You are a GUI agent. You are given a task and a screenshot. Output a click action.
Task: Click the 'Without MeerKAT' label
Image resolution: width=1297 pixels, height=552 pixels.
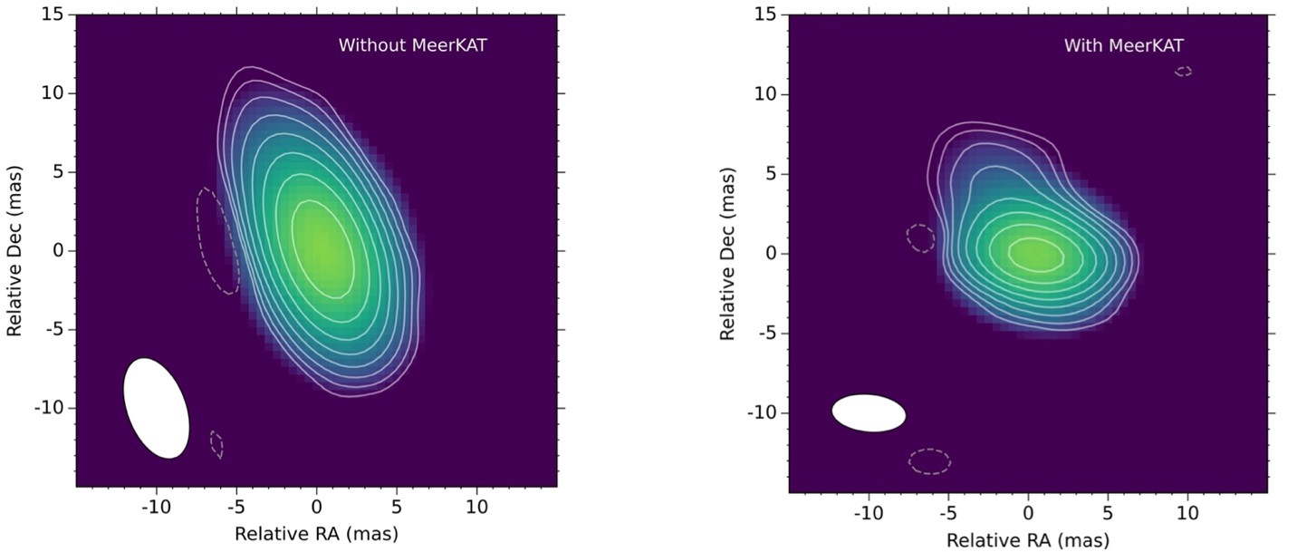click(412, 44)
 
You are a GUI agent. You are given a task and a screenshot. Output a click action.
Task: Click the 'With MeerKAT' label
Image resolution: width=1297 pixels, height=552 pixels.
click(1123, 45)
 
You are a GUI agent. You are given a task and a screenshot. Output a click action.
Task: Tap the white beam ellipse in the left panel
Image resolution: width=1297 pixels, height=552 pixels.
click(156, 408)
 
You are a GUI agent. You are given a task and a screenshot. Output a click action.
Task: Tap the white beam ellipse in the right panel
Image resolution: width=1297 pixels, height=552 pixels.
click(869, 412)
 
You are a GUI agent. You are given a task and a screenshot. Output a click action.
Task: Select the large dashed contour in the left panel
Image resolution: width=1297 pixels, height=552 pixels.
click(217, 240)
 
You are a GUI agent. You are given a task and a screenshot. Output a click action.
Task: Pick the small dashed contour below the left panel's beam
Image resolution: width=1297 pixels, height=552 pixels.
click(216, 444)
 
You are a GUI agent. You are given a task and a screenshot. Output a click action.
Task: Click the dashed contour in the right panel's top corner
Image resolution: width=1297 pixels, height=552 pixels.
click(1183, 71)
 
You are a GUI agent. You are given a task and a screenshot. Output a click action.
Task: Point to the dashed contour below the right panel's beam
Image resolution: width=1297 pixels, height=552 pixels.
click(930, 460)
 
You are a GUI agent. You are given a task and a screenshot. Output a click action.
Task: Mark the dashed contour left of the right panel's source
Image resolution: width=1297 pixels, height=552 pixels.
click(920, 237)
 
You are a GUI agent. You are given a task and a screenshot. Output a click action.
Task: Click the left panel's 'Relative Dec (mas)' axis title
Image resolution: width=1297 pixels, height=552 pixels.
click(14, 251)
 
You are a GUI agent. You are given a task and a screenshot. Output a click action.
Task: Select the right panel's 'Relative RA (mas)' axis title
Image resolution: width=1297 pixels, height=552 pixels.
click(1027, 541)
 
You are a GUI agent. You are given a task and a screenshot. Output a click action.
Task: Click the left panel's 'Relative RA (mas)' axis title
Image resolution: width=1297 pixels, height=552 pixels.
click(316, 533)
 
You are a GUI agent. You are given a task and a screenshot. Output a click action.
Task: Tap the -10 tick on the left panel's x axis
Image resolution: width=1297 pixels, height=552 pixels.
click(155, 506)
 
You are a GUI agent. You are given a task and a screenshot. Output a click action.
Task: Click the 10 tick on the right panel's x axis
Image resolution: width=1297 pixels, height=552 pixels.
click(1187, 513)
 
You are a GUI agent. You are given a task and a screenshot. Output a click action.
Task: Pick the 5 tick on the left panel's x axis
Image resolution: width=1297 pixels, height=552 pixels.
click(397, 506)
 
